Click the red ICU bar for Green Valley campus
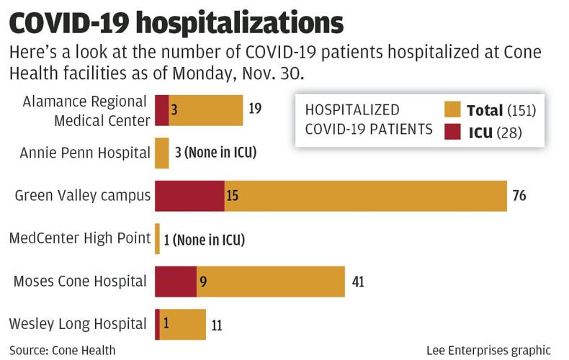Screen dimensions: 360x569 click(x=189, y=196)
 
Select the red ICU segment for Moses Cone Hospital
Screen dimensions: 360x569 click(x=176, y=282)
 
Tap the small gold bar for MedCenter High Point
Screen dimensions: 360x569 click(x=157, y=239)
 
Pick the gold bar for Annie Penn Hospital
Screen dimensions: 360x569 click(x=162, y=153)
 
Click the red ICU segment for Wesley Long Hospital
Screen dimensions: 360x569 click(x=157, y=324)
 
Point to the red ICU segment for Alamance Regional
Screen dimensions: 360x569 click(x=162, y=110)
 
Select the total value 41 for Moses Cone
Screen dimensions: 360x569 click(x=358, y=282)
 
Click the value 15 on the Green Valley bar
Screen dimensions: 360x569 click(x=233, y=196)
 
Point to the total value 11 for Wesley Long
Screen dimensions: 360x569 click(x=217, y=325)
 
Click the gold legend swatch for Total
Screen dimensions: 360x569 click(x=452, y=110)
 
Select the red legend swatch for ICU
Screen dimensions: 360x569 click(x=452, y=132)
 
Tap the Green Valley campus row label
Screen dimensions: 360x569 click(x=82, y=195)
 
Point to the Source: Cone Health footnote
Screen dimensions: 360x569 click(x=63, y=350)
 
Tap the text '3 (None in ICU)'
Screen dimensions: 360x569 click(x=215, y=153)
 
